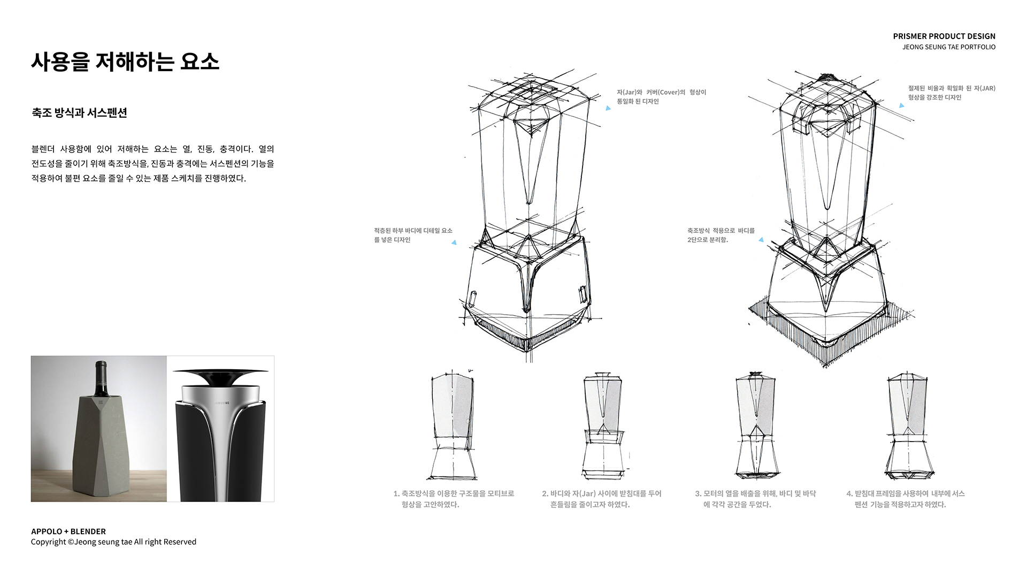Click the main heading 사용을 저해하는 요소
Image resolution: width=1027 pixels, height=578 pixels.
pyautogui.click(x=125, y=62)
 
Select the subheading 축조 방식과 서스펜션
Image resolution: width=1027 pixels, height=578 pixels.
pyautogui.click(x=79, y=113)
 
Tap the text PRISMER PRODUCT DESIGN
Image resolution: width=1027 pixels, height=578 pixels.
pyautogui.click(x=944, y=36)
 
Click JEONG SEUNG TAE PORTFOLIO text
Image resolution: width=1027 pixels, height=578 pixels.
pyautogui.click(x=949, y=47)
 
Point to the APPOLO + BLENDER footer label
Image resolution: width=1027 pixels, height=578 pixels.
pyautogui.click(x=68, y=531)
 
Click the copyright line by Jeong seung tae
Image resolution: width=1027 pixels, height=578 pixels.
pyautogui.click(x=113, y=542)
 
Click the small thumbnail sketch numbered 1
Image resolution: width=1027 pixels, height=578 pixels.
pyautogui.click(x=453, y=425)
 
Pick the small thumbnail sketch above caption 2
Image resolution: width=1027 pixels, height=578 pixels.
pyautogui.click(x=603, y=425)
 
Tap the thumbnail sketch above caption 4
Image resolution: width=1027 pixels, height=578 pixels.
pyautogui.click(x=907, y=425)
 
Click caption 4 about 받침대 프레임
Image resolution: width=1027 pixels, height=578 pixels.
pyautogui.click(x=905, y=499)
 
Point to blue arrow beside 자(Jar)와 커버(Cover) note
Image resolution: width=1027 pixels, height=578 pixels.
pyautogui.click(x=608, y=108)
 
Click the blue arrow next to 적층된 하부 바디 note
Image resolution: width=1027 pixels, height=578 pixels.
pyautogui.click(x=454, y=242)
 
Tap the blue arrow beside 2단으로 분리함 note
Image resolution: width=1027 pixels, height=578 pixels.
pyautogui.click(x=761, y=240)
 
